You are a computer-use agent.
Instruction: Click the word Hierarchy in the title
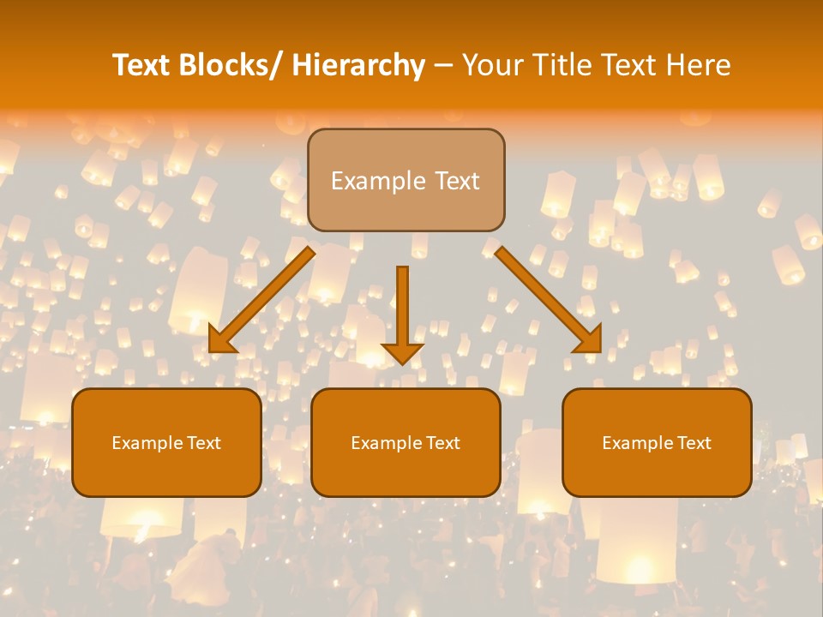click(358, 66)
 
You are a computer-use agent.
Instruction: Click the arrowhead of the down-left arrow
click(220, 342)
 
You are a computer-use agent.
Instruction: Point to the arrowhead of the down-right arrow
click(591, 340)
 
